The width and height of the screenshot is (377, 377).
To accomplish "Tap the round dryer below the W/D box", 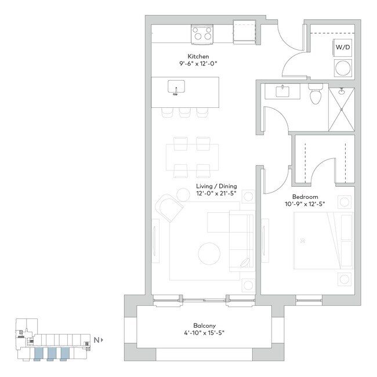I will click(342, 68).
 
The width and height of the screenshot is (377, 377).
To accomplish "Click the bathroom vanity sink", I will click(282, 91).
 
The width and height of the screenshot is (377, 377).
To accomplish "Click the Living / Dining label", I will click(217, 186).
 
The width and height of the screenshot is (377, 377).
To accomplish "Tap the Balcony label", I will click(205, 325).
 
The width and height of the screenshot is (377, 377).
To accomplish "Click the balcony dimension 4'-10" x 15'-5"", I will click(205, 333).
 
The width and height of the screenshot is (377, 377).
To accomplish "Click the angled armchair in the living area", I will click(170, 208).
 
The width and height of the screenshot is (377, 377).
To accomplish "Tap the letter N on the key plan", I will click(96, 340).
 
